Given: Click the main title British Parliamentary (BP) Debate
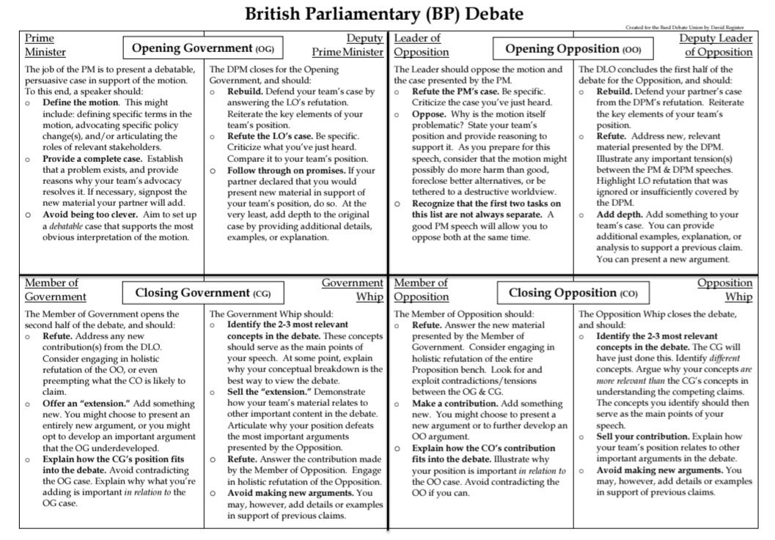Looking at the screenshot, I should tap(384, 13).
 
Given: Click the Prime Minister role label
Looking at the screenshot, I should tap(45, 45).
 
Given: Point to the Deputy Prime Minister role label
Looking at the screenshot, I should tap(348, 45).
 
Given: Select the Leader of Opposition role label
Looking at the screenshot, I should tap(421, 45).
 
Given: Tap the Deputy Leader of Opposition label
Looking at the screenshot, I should tap(716, 45).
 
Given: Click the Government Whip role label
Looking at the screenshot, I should tap(353, 289).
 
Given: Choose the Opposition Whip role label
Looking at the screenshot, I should tap(724, 289).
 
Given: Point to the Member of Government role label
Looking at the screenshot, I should tap(55, 289).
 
